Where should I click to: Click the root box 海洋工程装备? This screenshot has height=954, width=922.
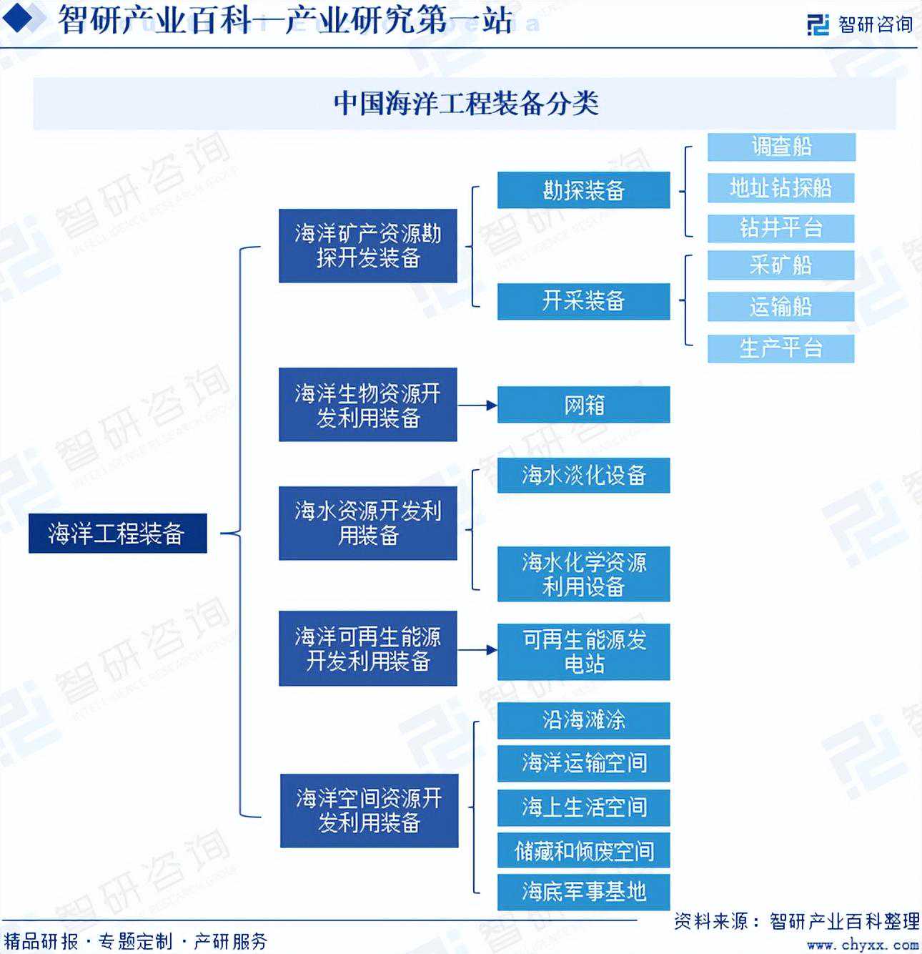click(x=118, y=533)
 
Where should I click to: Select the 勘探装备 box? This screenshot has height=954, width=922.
click(x=583, y=190)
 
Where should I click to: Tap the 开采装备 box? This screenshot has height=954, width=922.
click(x=583, y=301)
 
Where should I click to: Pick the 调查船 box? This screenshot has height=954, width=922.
click(x=781, y=147)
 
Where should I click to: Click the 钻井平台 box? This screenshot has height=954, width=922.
click(x=781, y=228)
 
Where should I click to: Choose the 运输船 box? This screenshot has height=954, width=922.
click(x=781, y=307)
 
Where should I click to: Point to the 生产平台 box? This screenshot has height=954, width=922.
click(x=781, y=348)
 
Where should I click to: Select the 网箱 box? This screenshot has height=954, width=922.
click(x=583, y=405)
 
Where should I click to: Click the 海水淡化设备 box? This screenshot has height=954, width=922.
click(x=583, y=475)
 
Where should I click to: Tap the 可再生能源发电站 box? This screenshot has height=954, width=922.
click(x=583, y=651)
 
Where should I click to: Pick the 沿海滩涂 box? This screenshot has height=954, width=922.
click(x=583, y=720)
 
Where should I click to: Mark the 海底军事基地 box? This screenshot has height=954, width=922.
click(x=583, y=892)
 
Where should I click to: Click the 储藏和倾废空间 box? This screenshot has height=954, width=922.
click(x=583, y=850)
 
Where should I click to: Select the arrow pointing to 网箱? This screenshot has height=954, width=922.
click(x=477, y=405)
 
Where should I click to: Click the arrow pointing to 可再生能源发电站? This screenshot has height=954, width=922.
click(x=477, y=650)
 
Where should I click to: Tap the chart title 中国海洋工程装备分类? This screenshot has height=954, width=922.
click(x=466, y=104)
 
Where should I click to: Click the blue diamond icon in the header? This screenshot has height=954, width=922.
click(x=18, y=18)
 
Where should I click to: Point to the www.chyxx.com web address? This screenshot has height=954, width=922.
click(x=863, y=944)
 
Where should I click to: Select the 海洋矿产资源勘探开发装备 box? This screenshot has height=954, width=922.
click(x=368, y=245)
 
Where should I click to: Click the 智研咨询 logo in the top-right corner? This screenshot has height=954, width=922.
click(x=861, y=24)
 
